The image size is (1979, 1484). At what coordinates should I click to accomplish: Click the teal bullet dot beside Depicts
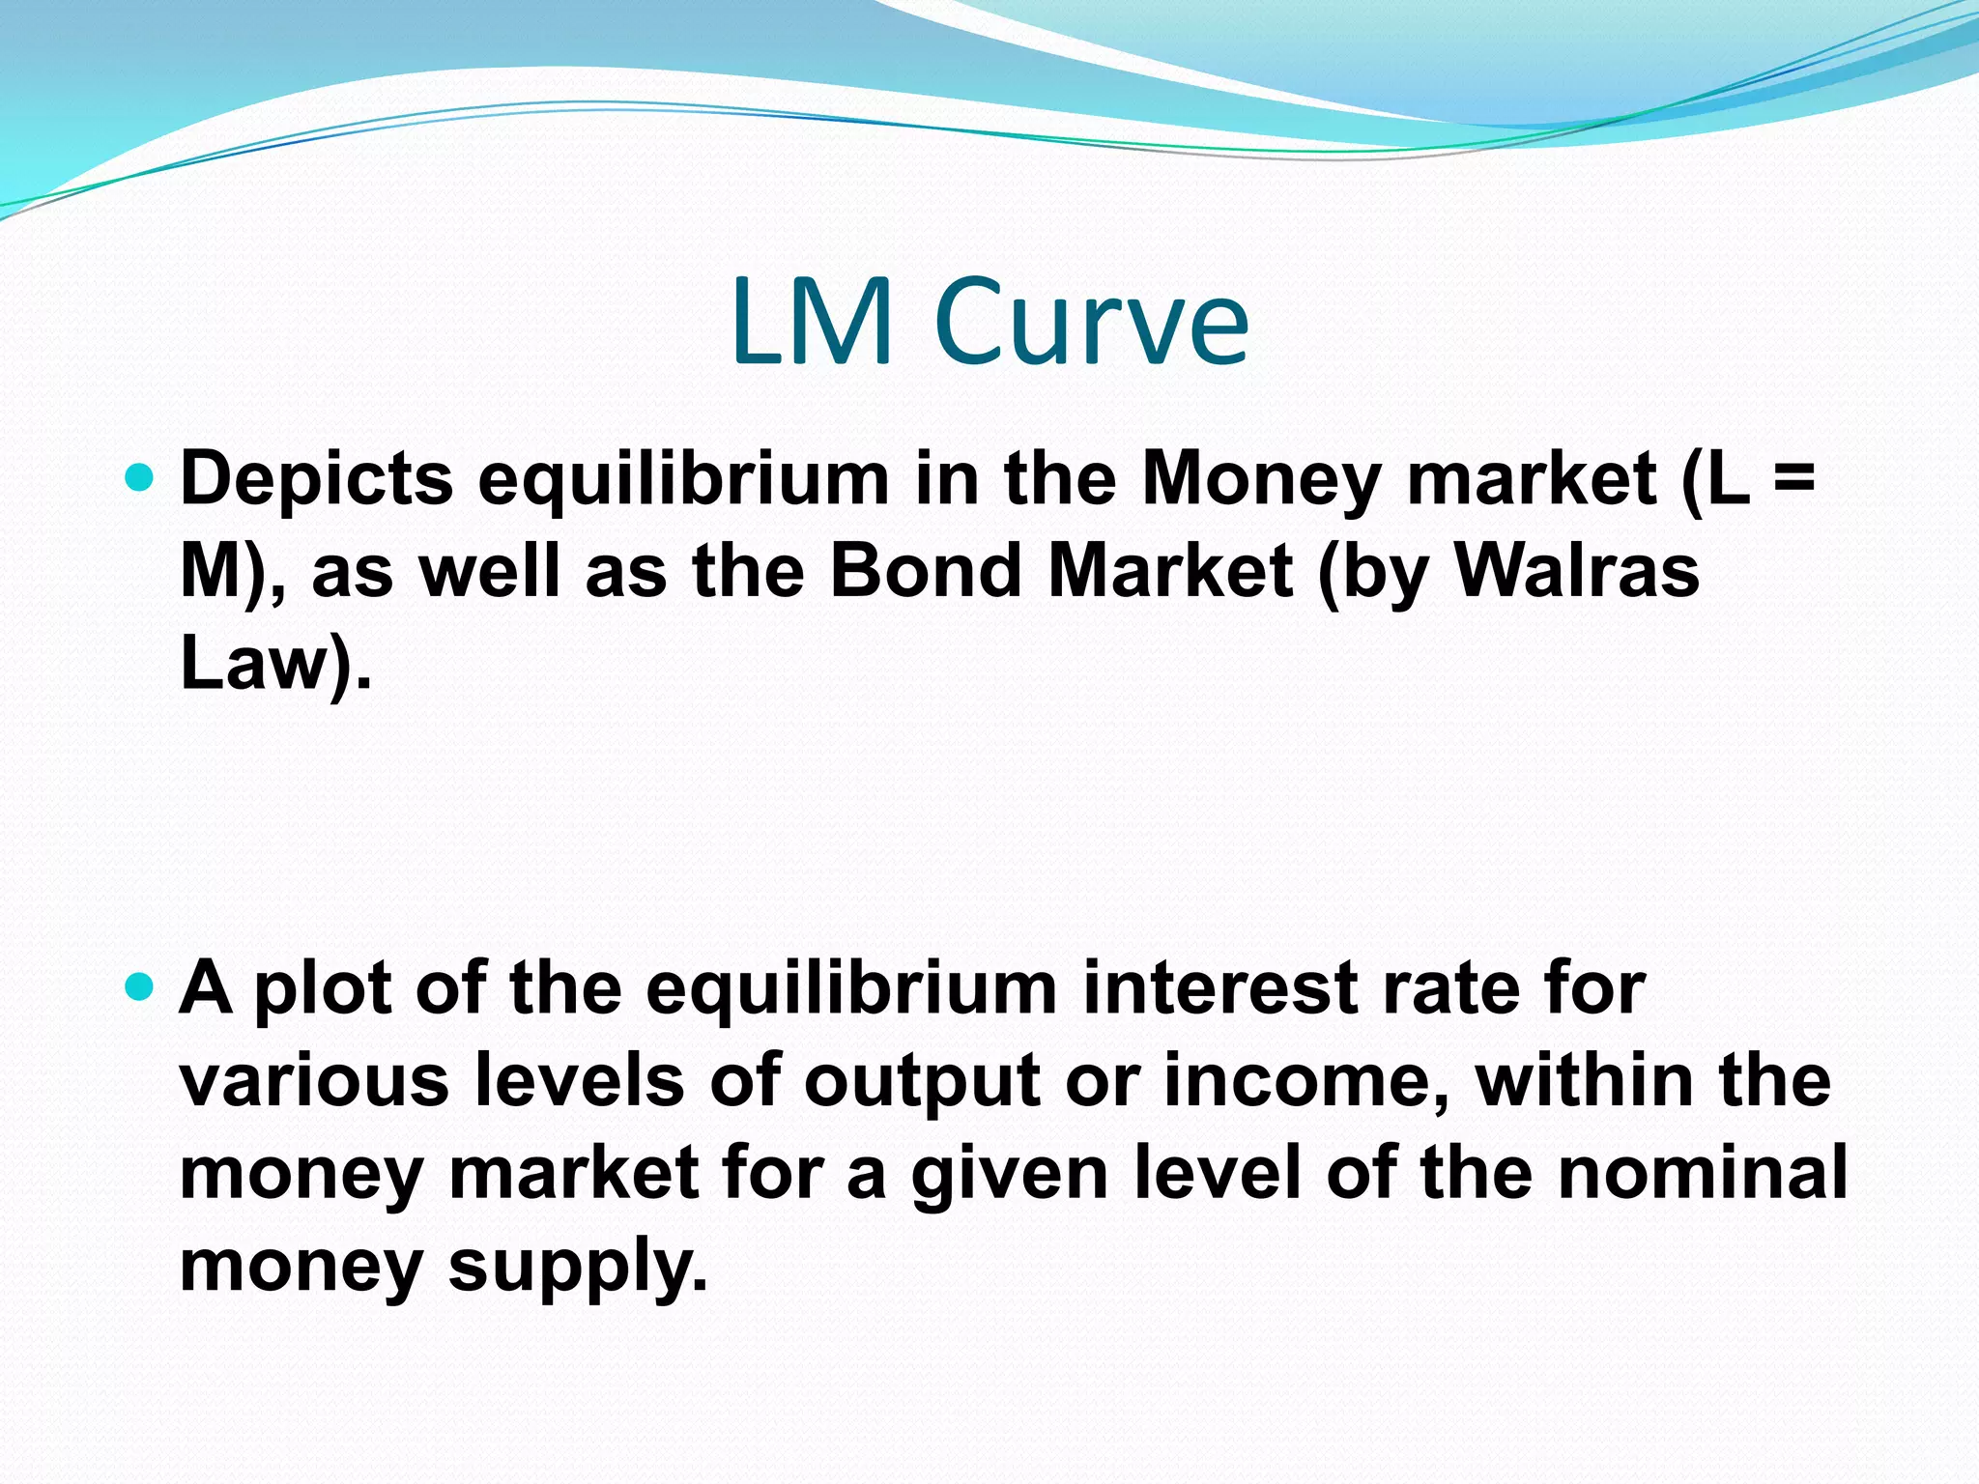tap(140, 476)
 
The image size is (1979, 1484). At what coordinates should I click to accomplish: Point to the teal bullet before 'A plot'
tap(140, 986)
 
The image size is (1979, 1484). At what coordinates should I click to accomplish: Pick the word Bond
tap(925, 570)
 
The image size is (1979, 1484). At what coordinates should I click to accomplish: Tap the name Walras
tap(1576, 570)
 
